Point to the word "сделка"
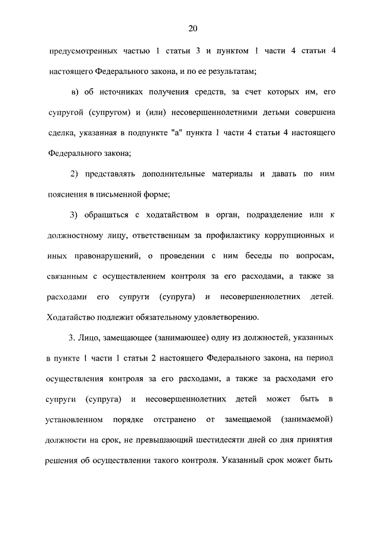pos(61,133)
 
